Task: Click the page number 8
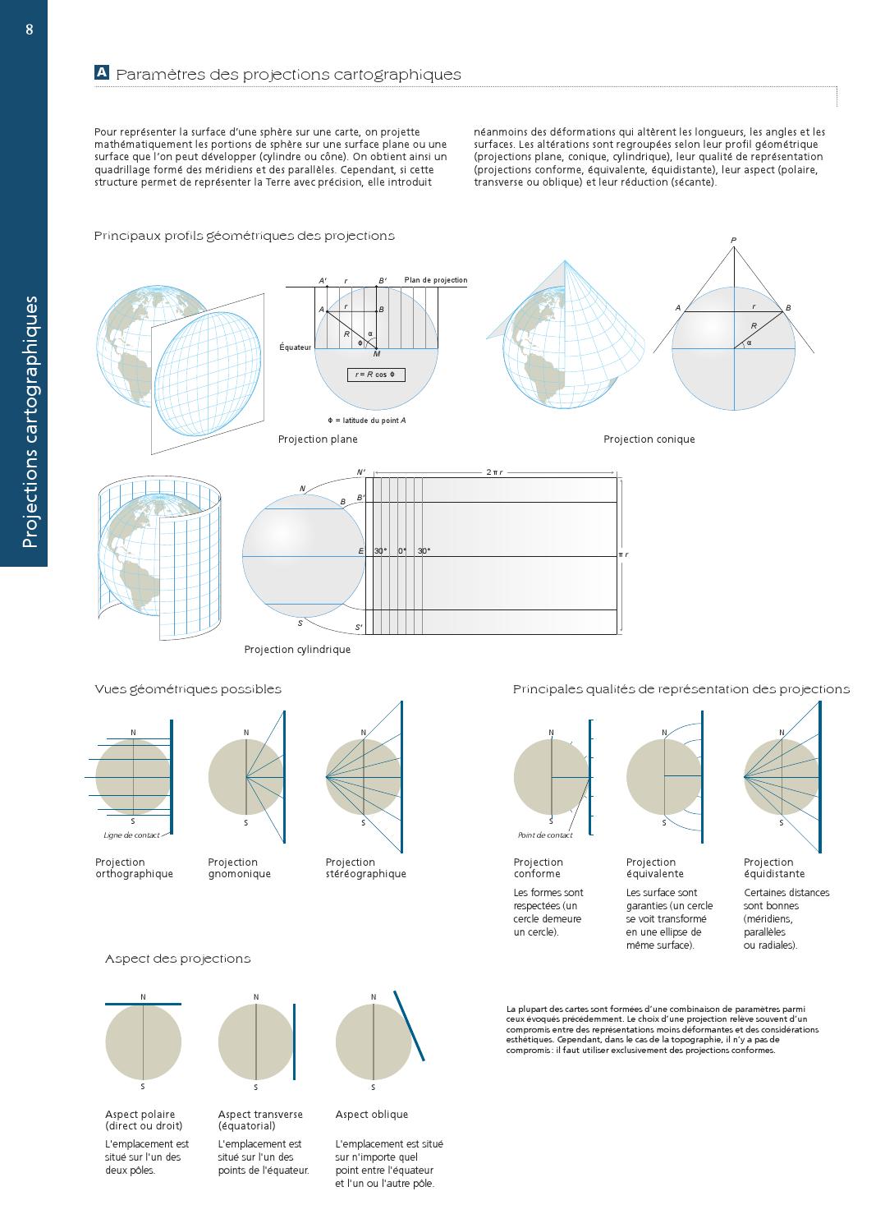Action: tap(30, 30)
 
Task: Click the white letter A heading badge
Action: tap(102, 73)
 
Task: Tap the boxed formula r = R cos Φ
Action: tap(376, 375)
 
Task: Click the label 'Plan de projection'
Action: tap(435, 281)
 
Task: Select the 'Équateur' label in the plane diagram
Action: tap(296, 347)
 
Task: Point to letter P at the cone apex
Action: tap(733, 241)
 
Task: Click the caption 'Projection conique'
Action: tap(649, 439)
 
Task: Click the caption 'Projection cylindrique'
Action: tap(297, 650)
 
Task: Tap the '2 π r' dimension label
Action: tap(494, 472)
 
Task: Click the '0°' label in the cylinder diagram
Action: tap(402, 551)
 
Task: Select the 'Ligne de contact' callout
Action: tap(131, 835)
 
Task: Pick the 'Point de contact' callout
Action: tap(545, 835)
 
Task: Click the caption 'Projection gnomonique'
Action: tap(239, 868)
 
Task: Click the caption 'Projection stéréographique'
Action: tap(365, 868)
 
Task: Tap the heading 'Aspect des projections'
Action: tap(177, 959)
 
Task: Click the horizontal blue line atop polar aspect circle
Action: tap(143, 1004)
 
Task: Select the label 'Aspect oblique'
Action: tap(371, 1115)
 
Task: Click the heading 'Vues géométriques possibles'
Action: tap(188, 689)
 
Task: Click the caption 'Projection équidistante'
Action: tap(774, 868)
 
